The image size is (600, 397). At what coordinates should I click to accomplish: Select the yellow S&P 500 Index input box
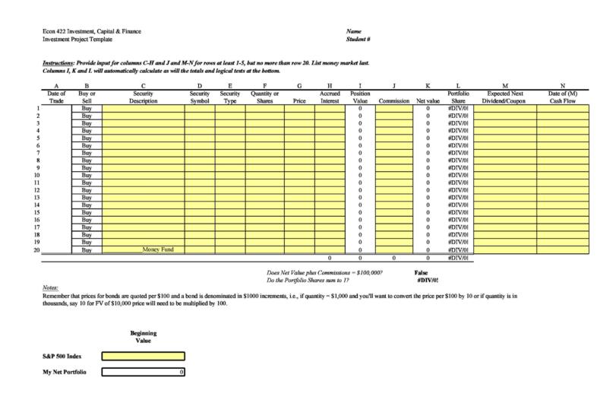point(143,355)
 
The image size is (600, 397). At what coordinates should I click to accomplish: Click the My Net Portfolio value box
point(143,372)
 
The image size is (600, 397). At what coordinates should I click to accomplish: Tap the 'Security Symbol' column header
point(199,97)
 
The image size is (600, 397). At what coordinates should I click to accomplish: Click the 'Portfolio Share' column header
point(457,97)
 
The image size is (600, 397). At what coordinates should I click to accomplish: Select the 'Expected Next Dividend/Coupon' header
point(505,97)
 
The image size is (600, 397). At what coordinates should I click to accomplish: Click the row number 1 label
point(37,109)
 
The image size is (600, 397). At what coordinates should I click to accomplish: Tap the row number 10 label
point(36,175)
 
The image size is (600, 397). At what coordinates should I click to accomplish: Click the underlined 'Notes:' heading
point(49,287)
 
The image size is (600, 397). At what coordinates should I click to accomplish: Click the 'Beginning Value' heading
point(143,337)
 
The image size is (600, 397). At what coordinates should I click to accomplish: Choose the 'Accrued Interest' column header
point(329,97)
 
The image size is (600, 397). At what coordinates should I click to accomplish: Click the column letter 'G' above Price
point(299,86)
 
